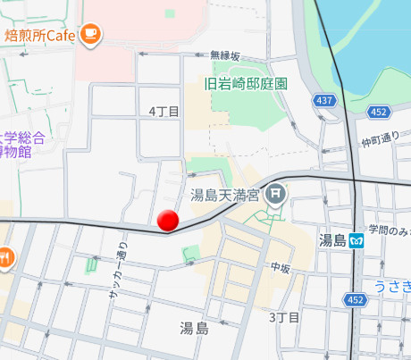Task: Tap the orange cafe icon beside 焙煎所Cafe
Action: (90, 35)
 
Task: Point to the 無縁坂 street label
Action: (225, 55)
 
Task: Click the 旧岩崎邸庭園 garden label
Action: (246, 83)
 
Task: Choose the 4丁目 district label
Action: (164, 111)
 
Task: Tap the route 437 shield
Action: (325, 101)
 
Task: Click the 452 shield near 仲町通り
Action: (378, 112)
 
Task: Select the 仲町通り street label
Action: (380, 140)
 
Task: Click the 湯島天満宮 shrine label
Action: (224, 193)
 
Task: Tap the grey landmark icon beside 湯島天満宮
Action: (276, 192)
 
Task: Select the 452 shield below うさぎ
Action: (356, 299)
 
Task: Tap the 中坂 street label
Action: (281, 267)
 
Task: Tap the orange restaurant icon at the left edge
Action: (5, 257)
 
